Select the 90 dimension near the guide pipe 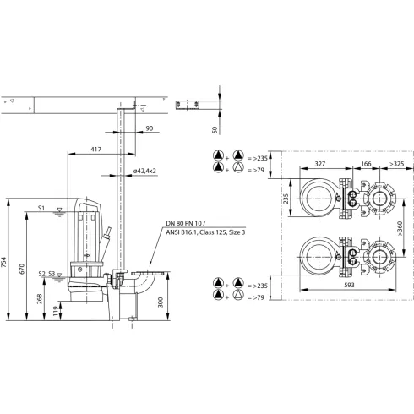[149, 128]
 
